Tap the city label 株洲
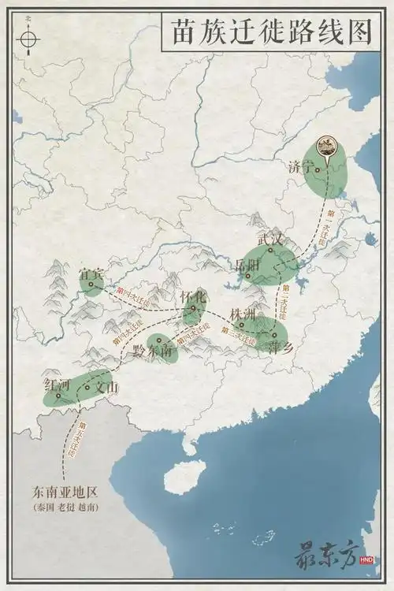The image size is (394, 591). coord(243,314)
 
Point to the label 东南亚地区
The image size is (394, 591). coord(65,492)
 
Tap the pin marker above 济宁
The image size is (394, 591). coord(324,147)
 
